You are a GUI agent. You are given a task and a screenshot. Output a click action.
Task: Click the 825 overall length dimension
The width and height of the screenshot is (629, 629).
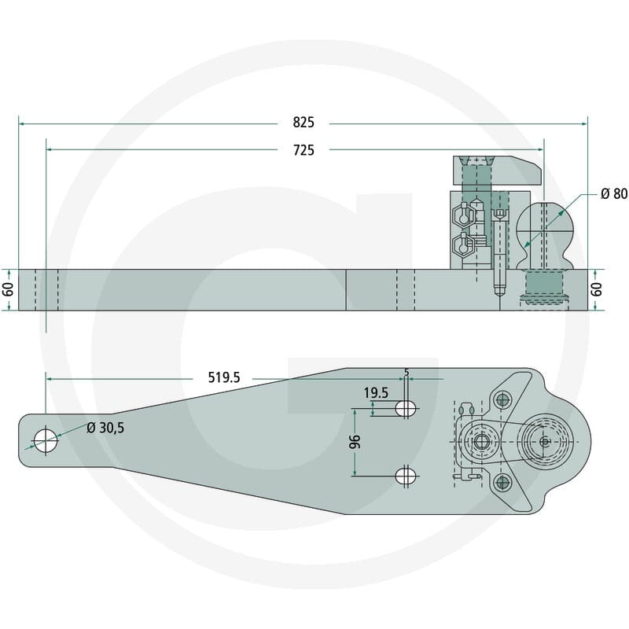[x=303, y=123]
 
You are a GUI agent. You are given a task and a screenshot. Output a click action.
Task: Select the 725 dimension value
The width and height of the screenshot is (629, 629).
[x=303, y=150]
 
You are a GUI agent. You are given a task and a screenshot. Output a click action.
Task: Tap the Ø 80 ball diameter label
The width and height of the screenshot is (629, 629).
[x=614, y=193]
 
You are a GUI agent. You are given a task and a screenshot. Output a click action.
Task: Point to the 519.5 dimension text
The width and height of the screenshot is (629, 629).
[x=224, y=377]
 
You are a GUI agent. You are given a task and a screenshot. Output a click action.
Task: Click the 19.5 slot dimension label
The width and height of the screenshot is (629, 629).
[x=376, y=393]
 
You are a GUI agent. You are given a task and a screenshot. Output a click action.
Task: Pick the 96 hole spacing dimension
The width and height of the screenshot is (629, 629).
[x=355, y=442]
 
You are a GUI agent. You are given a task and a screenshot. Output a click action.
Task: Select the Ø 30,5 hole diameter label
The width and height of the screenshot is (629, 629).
[x=105, y=428]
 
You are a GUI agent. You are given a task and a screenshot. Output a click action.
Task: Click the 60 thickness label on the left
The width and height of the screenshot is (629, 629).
[x=9, y=289]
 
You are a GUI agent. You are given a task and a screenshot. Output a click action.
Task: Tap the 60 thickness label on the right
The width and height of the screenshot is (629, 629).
[x=598, y=289]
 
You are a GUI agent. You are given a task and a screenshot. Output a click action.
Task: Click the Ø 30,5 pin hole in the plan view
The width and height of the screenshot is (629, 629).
[x=46, y=440]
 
